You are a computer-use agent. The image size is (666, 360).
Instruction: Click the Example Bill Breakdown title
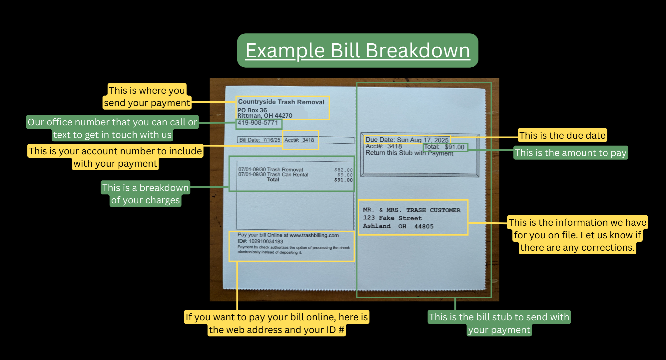[x=357, y=51]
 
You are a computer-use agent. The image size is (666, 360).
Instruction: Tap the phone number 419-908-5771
[x=258, y=123]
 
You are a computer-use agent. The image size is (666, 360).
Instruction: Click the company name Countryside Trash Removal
[x=281, y=102]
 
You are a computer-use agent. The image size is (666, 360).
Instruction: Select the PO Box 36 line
[x=252, y=110]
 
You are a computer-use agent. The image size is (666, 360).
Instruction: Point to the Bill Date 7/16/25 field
[x=260, y=140]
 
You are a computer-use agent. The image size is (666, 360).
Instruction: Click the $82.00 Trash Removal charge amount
[x=343, y=170]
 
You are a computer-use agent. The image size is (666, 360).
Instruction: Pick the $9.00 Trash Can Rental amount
[x=345, y=175]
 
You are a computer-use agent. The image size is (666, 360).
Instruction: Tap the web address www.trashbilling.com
[x=314, y=235]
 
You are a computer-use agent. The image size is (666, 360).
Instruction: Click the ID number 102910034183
[x=266, y=241]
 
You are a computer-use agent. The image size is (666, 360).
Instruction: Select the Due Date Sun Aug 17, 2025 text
[x=407, y=140]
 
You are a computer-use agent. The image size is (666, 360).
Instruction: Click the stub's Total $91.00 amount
[x=445, y=147]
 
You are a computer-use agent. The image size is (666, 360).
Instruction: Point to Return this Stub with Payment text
[x=409, y=153]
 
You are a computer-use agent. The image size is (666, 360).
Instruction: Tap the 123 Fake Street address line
[x=392, y=218]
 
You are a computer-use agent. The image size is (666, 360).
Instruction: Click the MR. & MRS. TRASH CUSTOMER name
[x=411, y=210]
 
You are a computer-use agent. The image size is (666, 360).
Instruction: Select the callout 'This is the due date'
[x=562, y=135]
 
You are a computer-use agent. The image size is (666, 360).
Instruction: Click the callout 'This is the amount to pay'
[x=570, y=153]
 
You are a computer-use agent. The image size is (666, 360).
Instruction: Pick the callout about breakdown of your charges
[x=145, y=194]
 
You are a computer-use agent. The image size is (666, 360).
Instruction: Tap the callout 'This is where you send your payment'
[x=147, y=96]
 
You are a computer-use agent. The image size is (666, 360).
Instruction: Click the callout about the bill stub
[x=499, y=323]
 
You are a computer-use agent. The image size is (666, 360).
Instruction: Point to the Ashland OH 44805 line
[x=398, y=226]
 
